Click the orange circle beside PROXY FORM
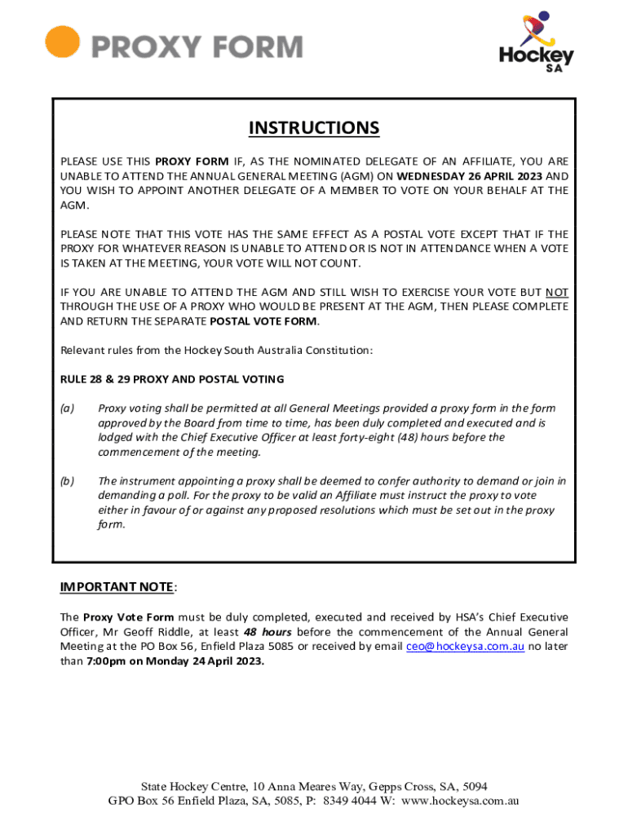point(62,42)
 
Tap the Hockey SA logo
point(536,42)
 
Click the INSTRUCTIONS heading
point(314,128)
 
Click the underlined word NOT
point(557,292)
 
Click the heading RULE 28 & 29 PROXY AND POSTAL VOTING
point(172,379)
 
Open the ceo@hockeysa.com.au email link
point(465,647)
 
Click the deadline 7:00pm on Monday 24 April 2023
point(175,661)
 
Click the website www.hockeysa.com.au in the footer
point(459,801)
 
